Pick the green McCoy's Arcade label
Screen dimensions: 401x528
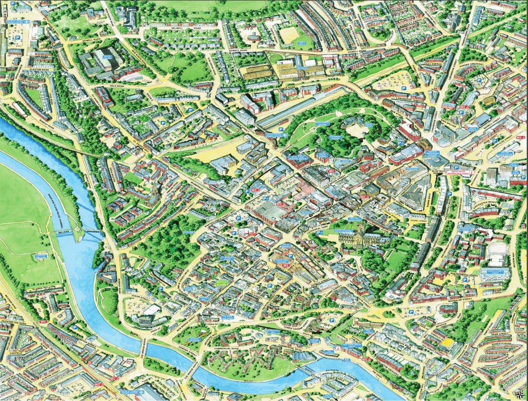[223, 283]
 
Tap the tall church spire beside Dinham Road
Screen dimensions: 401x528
[154, 192]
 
